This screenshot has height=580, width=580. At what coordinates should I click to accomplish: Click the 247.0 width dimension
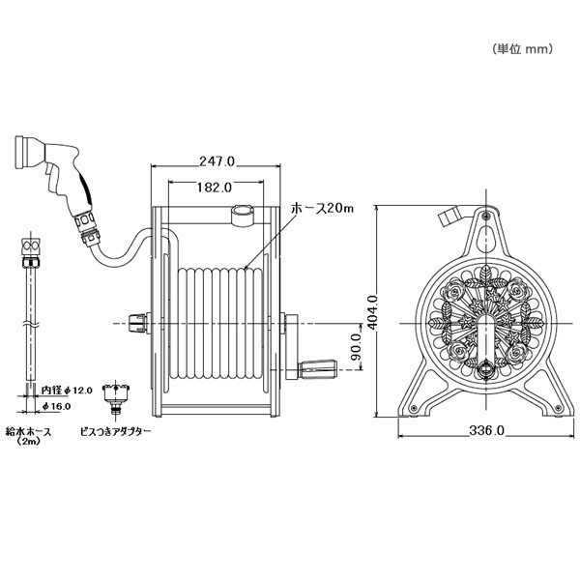click(217, 161)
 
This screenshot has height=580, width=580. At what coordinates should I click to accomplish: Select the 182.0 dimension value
click(214, 188)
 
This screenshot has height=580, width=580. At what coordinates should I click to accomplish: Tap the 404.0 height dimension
click(373, 312)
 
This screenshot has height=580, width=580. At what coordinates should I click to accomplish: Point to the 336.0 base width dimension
click(487, 430)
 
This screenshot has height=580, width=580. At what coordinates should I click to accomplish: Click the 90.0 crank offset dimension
click(356, 347)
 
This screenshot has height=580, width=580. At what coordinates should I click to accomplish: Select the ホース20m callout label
click(322, 209)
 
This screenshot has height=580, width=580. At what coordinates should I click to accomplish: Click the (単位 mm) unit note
click(522, 49)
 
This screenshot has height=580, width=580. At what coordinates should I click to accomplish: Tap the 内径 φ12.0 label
click(67, 391)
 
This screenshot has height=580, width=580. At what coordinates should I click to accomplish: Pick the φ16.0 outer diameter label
click(57, 406)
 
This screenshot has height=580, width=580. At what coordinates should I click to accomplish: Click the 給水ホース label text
click(28, 431)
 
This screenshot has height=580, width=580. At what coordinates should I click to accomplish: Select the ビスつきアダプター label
click(116, 432)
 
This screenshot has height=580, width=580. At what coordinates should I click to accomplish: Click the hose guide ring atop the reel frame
click(243, 216)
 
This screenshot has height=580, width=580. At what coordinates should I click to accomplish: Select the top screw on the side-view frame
click(485, 216)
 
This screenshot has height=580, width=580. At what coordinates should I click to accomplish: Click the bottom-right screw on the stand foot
click(558, 408)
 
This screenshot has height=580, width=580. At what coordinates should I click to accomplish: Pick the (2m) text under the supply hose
click(28, 442)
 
